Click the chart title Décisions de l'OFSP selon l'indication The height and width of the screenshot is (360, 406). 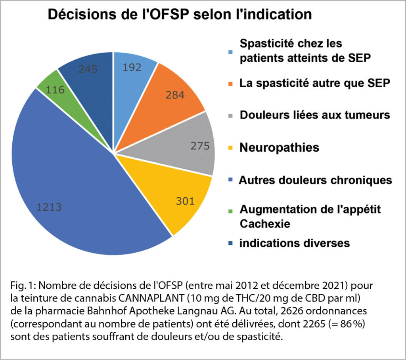180,15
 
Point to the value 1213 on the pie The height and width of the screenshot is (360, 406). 49,207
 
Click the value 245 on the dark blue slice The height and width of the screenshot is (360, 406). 88,69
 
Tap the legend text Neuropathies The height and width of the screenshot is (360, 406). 279,148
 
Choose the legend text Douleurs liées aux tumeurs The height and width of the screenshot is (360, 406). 315,115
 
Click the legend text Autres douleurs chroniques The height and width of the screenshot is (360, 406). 315,180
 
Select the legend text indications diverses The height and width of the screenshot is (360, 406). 294,243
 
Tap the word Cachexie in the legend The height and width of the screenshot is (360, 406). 265,224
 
